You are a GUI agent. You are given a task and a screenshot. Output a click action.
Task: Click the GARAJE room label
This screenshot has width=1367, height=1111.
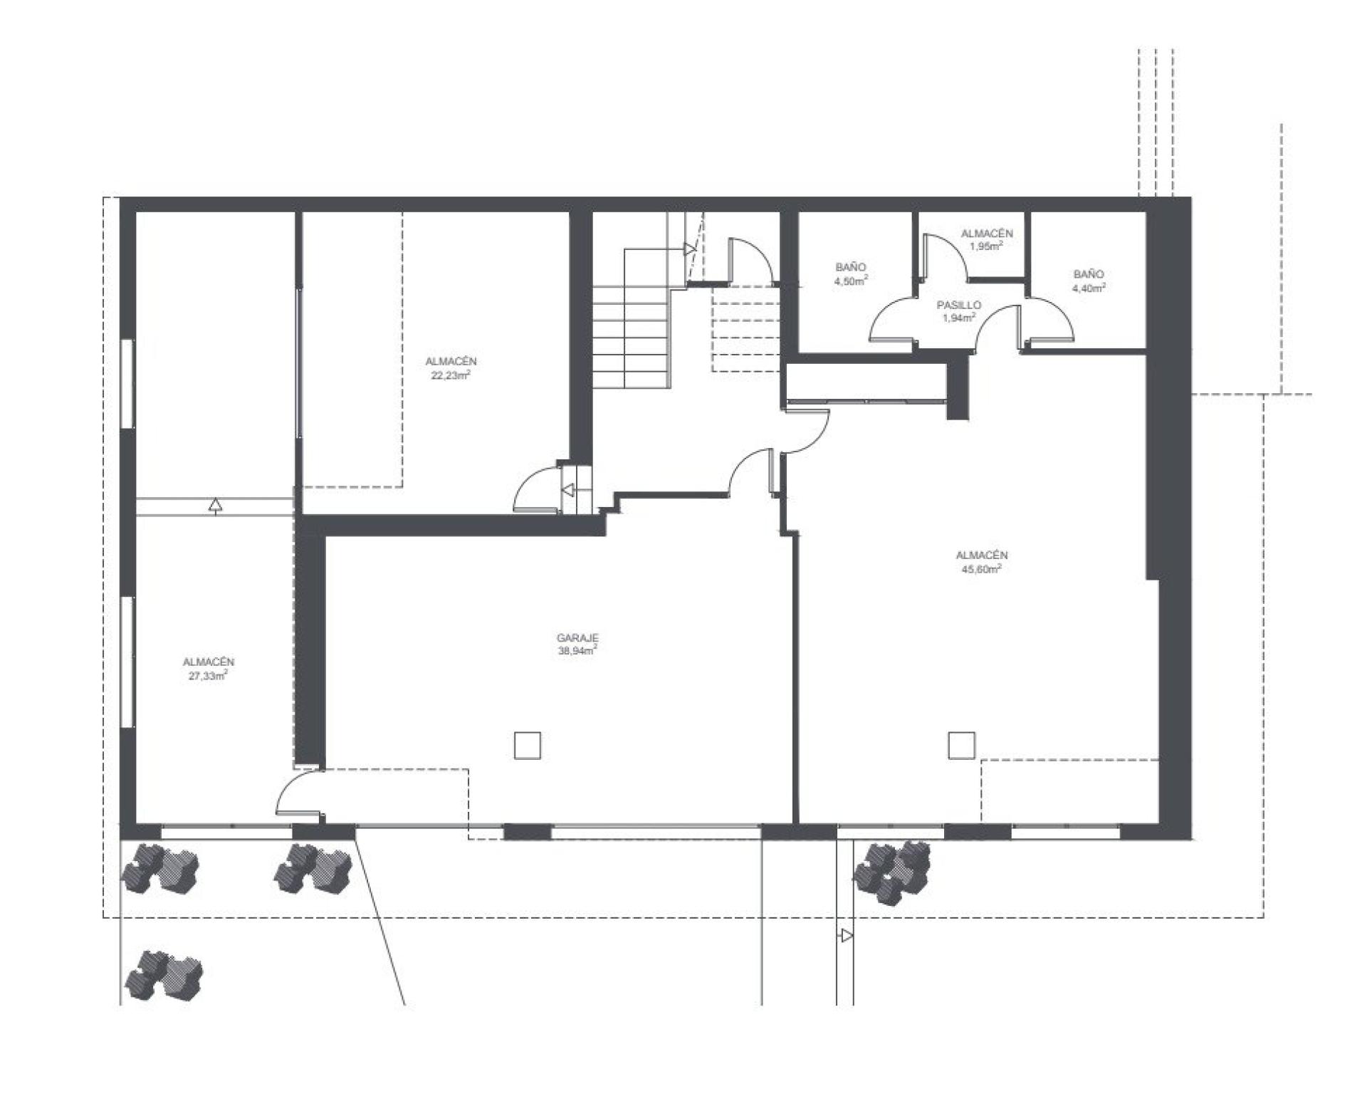[x=577, y=638]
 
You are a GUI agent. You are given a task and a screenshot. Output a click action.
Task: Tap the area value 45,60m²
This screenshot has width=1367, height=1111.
[x=982, y=568]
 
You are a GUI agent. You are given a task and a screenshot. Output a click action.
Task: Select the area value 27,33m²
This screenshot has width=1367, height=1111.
[x=208, y=675]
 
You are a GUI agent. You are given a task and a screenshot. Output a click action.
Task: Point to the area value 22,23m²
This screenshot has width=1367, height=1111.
[x=451, y=375]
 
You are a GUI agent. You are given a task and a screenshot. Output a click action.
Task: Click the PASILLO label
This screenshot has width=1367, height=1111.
[x=958, y=305]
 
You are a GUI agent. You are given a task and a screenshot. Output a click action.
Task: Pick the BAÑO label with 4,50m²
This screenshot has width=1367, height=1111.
[x=851, y=267]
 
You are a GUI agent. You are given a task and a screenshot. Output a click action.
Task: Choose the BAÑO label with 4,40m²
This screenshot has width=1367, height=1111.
[x=1089, y=274]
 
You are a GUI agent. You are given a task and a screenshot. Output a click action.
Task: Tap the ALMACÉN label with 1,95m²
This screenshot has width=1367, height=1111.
[x=987, y=234]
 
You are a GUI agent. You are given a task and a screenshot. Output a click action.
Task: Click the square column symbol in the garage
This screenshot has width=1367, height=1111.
[x=527, y=746]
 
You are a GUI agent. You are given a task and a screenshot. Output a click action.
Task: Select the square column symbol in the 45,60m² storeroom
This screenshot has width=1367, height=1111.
[x=960, y=746]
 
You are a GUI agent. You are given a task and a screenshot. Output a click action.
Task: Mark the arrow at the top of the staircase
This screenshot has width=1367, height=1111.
[x=689, y=249]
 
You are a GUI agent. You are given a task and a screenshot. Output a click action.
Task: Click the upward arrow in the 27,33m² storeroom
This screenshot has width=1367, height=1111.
[x=215, y=505]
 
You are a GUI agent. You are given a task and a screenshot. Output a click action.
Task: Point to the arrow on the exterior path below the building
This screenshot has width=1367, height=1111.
[x=847, y=935]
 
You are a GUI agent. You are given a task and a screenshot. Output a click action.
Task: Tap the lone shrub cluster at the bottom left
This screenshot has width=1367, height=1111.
[x=164, y=975]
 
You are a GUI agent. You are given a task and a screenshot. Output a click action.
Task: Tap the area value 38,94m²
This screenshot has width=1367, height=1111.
[x=577, y=650]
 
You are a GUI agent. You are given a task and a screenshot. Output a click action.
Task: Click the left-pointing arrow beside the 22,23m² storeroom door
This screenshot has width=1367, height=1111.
[x=568, y=490]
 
